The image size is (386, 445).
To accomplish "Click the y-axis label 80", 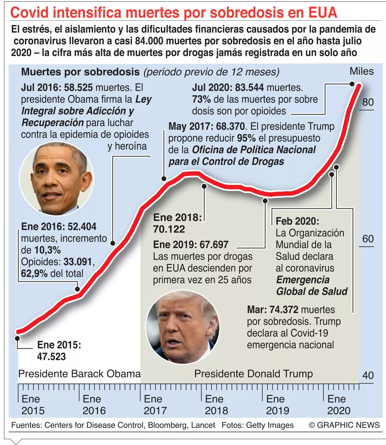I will [x=368, y=102].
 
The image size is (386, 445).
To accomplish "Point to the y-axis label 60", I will [x=368, y=239].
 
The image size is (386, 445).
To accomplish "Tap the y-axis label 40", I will [x=368, y=376].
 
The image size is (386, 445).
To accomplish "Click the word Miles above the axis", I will [x=361, y=71].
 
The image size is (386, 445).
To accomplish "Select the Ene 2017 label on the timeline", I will [x=155, y=405].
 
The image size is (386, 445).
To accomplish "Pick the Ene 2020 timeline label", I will [x=339, y=405].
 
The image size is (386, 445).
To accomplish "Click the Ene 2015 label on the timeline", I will [x=33, y=405].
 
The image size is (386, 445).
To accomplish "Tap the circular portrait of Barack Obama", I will [x=57, y=179].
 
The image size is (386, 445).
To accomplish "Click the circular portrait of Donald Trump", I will [x=183, y=326].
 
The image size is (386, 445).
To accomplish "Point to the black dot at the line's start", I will [x=17, y=338].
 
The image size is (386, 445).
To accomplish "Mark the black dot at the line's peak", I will [x=352, y=84].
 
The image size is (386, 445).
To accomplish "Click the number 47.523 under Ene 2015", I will [x=51, y=357].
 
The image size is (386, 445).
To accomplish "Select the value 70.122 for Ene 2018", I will [x=169, y=229].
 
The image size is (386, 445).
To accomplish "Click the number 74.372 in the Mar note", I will [x=284, y=310].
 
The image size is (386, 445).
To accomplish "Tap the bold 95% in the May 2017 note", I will [x=246, y=138].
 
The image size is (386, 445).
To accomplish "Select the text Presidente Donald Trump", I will [x=253, y=374].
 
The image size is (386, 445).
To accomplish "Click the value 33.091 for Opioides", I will [x=78, y=262].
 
